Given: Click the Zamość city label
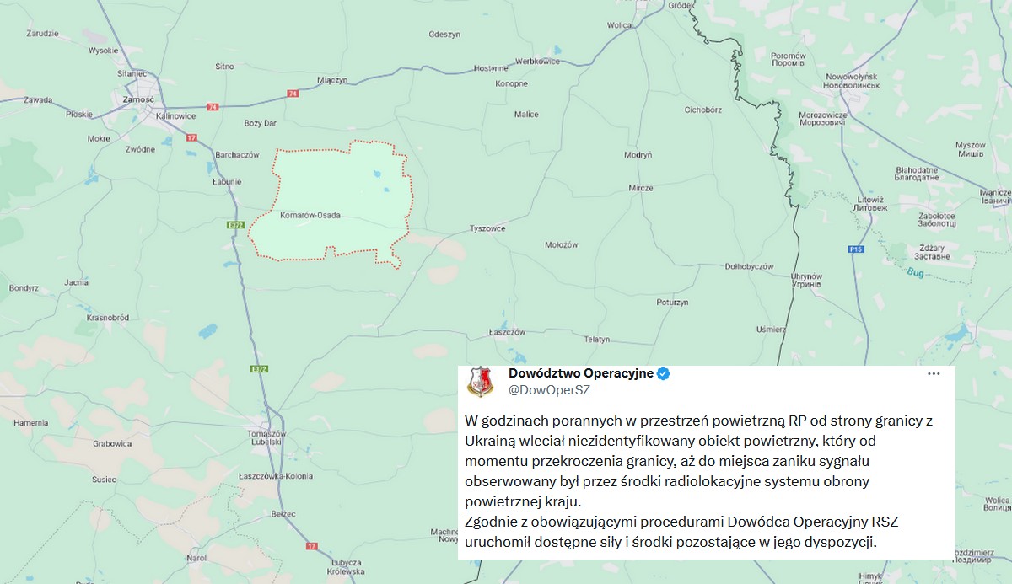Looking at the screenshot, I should tap(137, 99).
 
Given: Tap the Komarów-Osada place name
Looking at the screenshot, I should tap(310, 216).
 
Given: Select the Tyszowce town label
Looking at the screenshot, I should tap(487, 228).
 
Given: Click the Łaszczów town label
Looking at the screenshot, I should tap(507, 332).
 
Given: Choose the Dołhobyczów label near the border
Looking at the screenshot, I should tap(749, 266).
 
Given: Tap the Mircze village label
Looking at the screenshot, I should tap(640, 188).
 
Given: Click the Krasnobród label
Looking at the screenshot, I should tap(107, 318).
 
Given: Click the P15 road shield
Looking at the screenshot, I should tap(857, 249).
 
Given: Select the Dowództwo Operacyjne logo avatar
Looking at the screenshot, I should tap(481, 382).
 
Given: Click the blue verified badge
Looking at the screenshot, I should tap(664, 374).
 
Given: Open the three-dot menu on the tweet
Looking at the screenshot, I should tap(934, 374).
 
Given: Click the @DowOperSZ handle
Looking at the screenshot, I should tap(549, 389).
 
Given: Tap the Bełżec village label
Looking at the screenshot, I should tap(284, 512).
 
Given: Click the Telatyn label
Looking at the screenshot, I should tap(596, 339).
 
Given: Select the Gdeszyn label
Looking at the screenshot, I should tap(444, 35).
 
